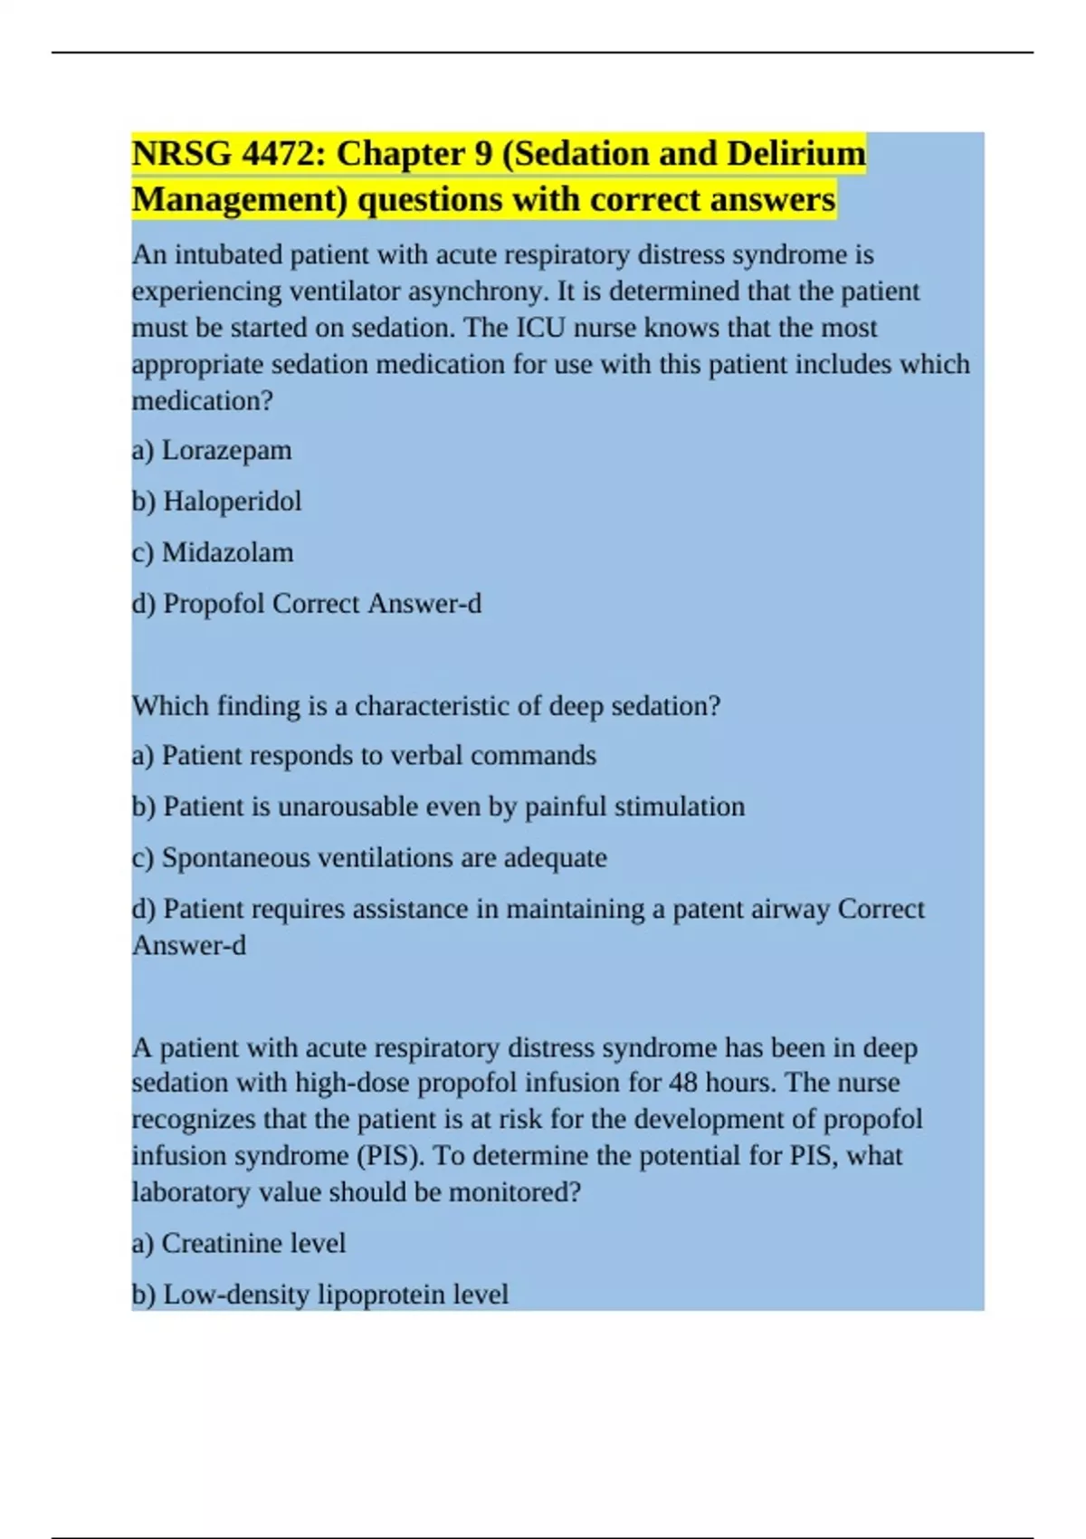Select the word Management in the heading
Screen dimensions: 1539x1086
coord(240,200)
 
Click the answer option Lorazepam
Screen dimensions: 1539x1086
coord(226,451)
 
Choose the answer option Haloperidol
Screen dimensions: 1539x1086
coord(232,502)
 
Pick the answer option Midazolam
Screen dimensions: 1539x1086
coord(227,552)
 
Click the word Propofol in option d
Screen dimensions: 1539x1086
coord(214,604)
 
